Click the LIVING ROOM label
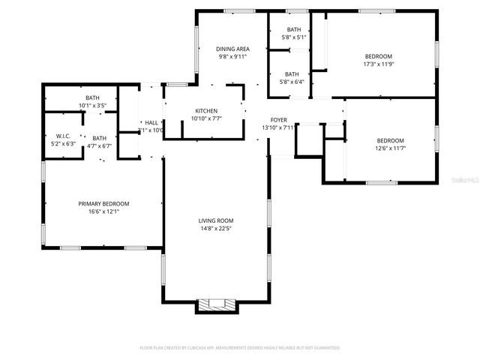point(216,220)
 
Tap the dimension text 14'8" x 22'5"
point(216,228)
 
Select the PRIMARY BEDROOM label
point(104,203)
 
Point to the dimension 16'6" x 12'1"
point(104,211)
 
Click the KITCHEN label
point(206,110)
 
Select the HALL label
point(151,122)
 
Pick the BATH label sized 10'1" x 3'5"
point(92,97)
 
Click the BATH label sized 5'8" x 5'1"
point(293,29)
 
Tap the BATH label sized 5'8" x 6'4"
point(293,73)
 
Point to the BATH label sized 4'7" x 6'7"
point(100,138)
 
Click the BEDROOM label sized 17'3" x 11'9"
point(378,56)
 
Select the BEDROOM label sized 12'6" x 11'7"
point(390,140)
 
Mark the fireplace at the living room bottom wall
point(216,304)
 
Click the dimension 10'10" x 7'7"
point(206,118)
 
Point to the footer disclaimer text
point(240,347)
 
